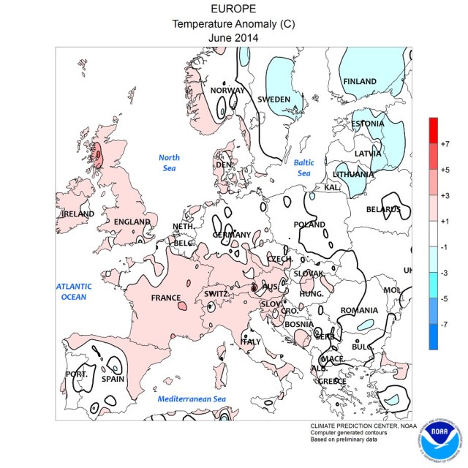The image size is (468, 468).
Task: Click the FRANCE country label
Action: pos(165,298)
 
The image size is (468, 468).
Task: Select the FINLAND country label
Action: pos(360,81)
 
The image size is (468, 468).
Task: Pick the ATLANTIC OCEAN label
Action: pos(74,291)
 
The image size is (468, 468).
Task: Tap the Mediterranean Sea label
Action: pos(191,399)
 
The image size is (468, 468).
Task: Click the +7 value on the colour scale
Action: pos(445,145)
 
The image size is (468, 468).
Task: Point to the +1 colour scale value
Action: pos(445,221)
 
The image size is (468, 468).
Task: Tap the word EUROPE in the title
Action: pos(233,10)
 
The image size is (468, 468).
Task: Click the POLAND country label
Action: pos(308,224)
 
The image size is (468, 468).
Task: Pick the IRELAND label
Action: pos(78,214)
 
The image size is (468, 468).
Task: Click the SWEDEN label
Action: pos(276,99)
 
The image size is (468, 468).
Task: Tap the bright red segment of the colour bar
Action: pos(433,130)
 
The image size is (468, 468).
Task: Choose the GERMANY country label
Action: pos(232,235)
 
